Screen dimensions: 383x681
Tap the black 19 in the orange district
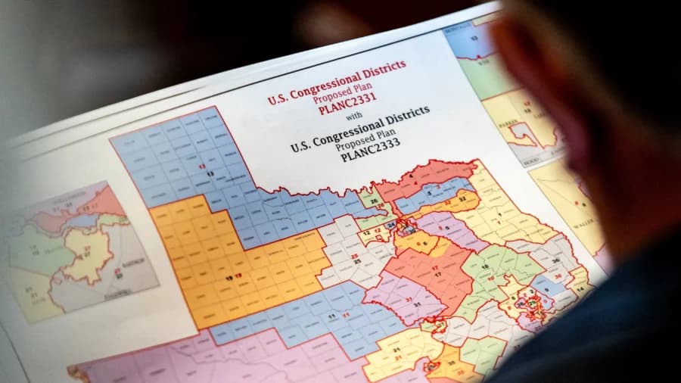tap(229, 278)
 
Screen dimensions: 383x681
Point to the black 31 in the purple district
tap(416, 304)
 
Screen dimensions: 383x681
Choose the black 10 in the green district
tap(484, 267)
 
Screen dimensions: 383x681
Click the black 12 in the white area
tap(366, 233)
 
